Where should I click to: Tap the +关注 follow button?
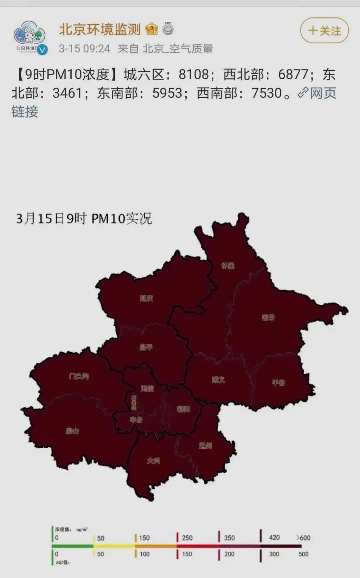click(324, 31)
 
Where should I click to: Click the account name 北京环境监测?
click(99, 29)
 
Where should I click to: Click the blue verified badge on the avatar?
click(43, 50)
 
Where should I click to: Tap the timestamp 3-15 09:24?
click(84, 49)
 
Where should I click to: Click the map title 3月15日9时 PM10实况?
click(84, 219)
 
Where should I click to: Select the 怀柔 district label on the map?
click(228, 265)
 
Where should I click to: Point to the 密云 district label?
click(268, 317)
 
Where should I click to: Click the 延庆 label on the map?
click(147, 298)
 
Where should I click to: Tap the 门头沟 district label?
click(79, 376)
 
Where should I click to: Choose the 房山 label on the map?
click(72, 431)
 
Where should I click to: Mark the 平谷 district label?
click(278, 383)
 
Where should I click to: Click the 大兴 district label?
click(154, 461)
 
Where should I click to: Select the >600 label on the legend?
click(303, 538)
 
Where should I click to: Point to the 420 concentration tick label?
click(274, 537)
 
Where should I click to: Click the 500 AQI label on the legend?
click(303, 554)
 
